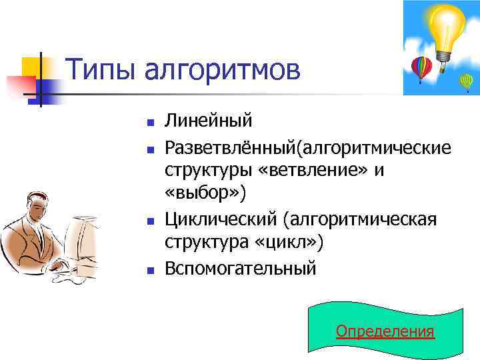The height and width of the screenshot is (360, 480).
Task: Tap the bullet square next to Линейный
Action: pyautogui.click(x=151, y=123)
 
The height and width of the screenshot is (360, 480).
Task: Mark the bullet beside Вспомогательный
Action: pyautogui.click(x=151, y=269)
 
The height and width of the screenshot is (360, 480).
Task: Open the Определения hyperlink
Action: pyautogui.click(x=385, y=331)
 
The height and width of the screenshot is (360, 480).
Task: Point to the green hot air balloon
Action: pyautogui.click(x=466, y=81)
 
